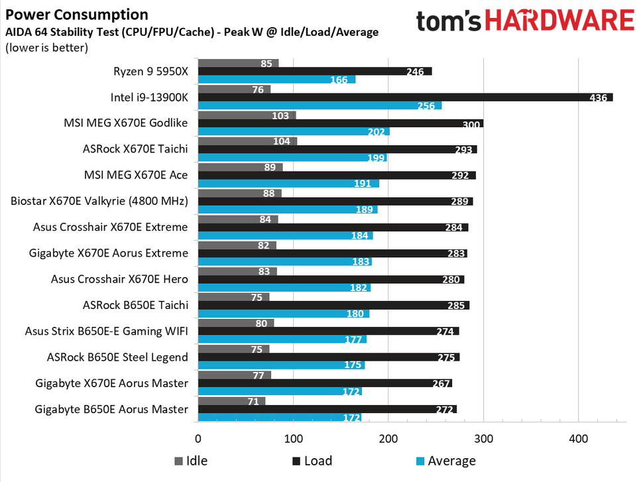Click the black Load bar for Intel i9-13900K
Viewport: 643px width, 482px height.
pos(404,97)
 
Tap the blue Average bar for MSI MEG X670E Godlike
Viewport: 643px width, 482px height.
pos(294,132)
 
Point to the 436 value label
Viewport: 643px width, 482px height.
pos(599,97)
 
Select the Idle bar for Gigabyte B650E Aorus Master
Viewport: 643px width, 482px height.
pos(231,401)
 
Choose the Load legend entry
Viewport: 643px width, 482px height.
pos(312,461)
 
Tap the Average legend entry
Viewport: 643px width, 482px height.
pos(445,461)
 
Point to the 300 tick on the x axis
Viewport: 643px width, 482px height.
pos(483,438)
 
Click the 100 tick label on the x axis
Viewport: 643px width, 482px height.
pos(293,438)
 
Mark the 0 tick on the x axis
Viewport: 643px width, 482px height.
pos(198,438)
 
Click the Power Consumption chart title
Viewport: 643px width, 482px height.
pos(77,14)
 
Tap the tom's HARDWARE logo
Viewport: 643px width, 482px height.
pos(524,21)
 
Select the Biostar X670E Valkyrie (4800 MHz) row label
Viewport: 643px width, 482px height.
pos(99,201)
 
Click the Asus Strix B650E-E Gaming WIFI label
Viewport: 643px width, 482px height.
pos(106,331)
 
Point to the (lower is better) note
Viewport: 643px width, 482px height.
pos(46,47)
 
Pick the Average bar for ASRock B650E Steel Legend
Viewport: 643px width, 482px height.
pos(281,365)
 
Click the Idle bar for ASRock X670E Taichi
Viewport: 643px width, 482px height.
pos(247,141)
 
